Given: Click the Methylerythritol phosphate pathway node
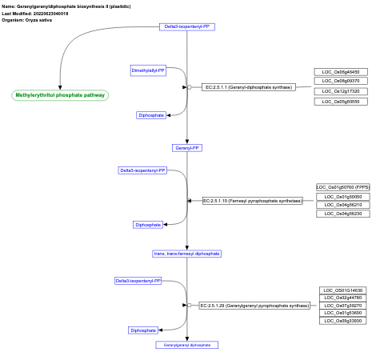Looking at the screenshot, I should (61, 95).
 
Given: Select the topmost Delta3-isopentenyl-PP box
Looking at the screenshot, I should (187, 26).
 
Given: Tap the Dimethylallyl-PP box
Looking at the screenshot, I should (148, 70).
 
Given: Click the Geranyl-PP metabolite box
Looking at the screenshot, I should (187, 147).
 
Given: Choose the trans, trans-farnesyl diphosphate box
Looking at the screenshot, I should (186, 254).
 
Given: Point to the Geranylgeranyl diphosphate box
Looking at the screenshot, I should (186, 345).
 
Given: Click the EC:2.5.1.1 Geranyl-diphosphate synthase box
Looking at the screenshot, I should (247, 86).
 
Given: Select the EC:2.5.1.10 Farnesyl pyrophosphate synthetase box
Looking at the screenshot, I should (252, 201).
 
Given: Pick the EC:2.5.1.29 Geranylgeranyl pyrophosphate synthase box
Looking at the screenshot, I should (254, 306).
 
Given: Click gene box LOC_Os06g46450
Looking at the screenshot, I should (341, 72).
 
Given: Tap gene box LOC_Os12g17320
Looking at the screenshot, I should (341, 91).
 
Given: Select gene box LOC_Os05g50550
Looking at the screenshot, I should (341, 102).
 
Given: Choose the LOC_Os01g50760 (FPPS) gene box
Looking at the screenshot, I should (343, 187).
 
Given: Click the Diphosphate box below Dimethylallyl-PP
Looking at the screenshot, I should (151, 115).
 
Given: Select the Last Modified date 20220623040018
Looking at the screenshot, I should (51, 14).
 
